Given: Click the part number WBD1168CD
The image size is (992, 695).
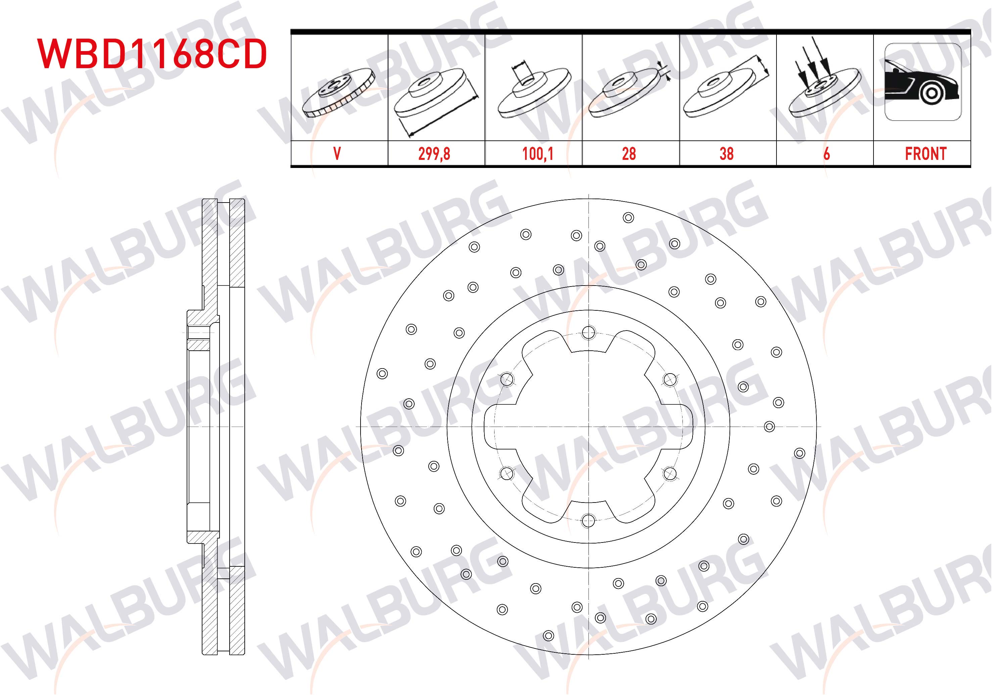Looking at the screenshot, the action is coord(152,54).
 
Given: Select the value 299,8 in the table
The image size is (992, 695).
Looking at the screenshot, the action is coord(434,154).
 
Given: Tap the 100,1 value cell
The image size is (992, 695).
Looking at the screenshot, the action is coord(538,154).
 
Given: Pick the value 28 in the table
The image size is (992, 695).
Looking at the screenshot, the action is coord(629,154).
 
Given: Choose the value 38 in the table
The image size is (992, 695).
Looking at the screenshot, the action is coord(727,154).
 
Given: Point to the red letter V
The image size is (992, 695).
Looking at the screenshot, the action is coord(337,154).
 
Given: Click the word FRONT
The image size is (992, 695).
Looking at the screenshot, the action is coord(926,154).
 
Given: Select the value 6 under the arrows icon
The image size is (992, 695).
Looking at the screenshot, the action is coord(826,154).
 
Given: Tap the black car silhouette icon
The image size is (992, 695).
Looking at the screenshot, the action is coord(923,82).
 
